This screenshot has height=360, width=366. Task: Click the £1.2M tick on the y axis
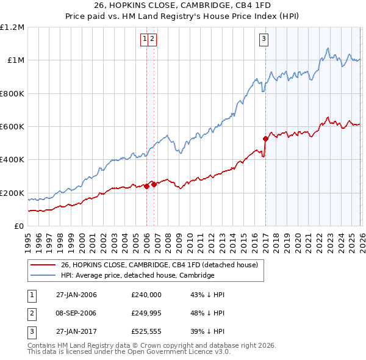coord(12,27)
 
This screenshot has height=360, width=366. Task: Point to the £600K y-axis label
coord(12,127)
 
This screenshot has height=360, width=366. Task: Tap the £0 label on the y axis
coord(19,226)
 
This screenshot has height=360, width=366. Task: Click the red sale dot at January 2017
coord(265,139)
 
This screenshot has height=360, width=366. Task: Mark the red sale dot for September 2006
coord(154,184)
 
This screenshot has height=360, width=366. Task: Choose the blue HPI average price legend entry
coord(137,275)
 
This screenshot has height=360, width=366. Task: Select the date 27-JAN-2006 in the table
coord(76,295)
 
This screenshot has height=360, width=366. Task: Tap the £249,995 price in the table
coord(146,312)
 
